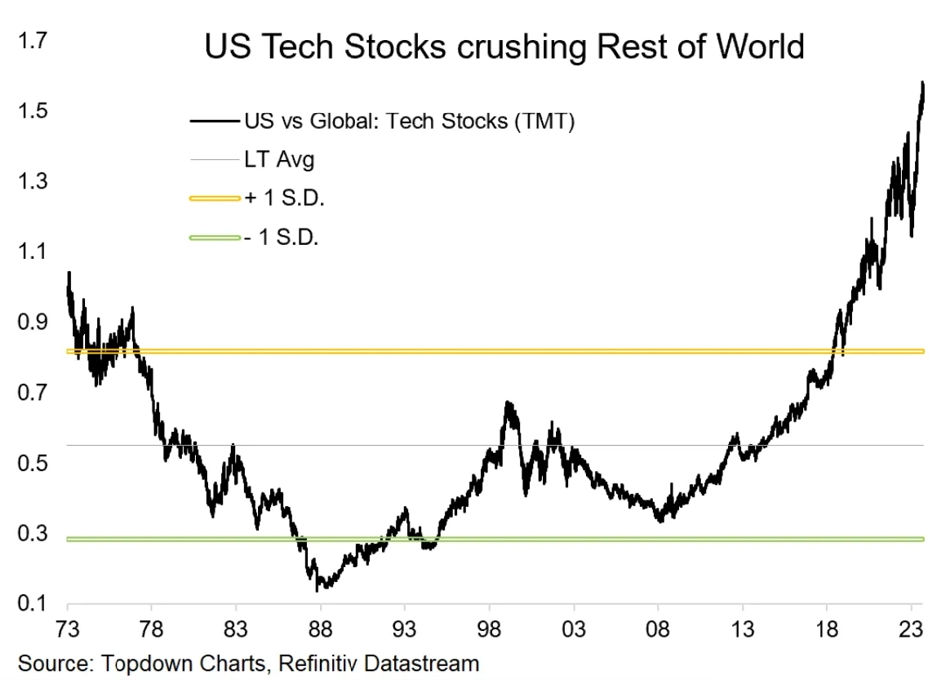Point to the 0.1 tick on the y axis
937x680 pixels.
(31, 603)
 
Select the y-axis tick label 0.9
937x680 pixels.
(31, 322)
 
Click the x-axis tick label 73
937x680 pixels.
(68, 628)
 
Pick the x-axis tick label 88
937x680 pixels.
(321, 628)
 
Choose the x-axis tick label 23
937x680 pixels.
(911, 628)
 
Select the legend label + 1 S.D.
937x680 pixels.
(283, 198)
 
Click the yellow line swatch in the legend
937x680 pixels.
(214, 199)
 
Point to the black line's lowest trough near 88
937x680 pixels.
(319, 590)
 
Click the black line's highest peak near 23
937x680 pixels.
(923, 82)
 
